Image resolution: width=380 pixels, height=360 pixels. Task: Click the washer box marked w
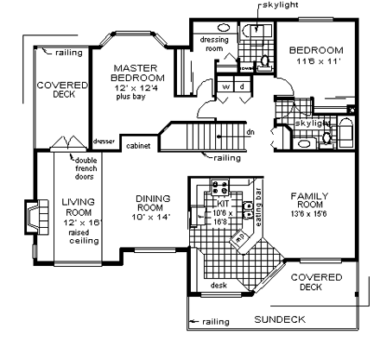(225, 86)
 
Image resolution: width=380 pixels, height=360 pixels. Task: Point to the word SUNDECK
(280, 319)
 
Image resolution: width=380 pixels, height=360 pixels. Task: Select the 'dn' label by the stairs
(250, 132)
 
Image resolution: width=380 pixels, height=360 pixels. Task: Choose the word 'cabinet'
(138, 147)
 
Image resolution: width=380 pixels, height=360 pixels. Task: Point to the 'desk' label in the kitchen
(218, 286)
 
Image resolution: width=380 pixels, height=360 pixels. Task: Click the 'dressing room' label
(212, 44)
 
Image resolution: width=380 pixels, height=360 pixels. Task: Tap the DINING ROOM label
(157, 204)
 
